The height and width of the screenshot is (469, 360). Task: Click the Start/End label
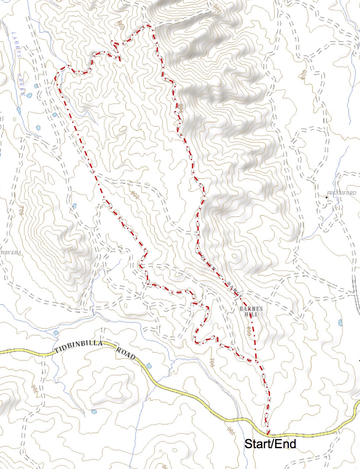pyautogui.click(x=270, y=444)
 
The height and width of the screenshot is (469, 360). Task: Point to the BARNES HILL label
pyautogui.click(x=251, y=312)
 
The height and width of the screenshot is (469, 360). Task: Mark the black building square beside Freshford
pyautogui.click(x=326, y=198)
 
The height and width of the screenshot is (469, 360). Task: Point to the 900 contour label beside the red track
pyautogui.click(x=181, y=108)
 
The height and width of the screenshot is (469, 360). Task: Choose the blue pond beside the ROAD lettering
pyautogui.click(x=148, y=366)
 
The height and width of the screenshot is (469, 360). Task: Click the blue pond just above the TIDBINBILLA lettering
pyautogui.click(x=56, y=333)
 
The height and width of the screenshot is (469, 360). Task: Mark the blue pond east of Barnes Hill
pyautogui.click(x=340, y=323)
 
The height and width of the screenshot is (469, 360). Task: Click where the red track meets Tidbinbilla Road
pyautogui.click(x=268, y=434)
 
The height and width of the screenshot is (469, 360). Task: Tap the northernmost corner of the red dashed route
pyautogui.click(x=149, y=26)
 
